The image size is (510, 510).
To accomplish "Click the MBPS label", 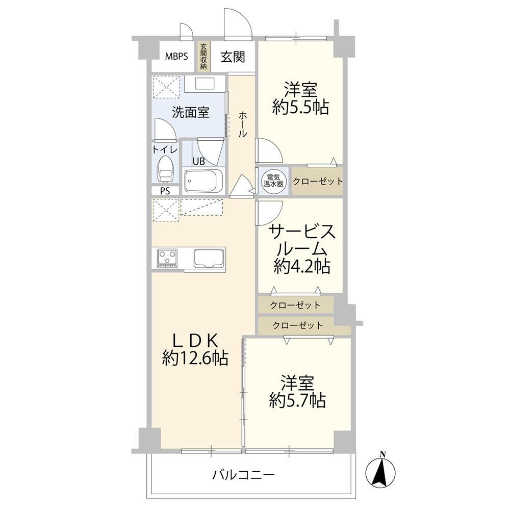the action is click(x=176, y=57).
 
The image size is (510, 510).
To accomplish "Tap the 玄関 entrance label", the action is click(x=233, y=57).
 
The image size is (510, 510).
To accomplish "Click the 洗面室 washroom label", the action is click(x=190, y=113).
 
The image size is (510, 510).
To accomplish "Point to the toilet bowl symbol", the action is click(x=165, y=169).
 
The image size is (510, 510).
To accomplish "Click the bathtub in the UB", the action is click(x=203, y=181).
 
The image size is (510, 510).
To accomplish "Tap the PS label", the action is click(x=165, y=191).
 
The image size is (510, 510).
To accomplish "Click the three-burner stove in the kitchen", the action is click(x=167, y=258).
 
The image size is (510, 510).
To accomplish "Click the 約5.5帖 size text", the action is click(x=300, y=107).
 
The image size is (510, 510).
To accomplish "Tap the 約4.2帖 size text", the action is click(x=302, y=266).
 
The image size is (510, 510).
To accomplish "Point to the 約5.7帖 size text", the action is click(x=297, y=400).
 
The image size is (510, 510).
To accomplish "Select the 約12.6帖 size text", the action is click(x=195, y=358).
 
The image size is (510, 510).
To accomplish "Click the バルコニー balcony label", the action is click(x=243, y=475).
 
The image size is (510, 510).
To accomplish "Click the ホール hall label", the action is click(x=243, y=124).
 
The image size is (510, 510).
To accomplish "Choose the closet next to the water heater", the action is click(x=317, y=181).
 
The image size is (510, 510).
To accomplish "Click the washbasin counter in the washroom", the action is click(x=205, y=84).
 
